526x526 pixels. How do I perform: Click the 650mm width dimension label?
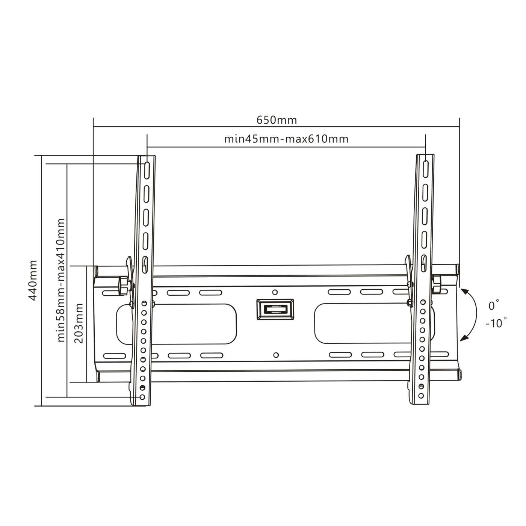[276, 120]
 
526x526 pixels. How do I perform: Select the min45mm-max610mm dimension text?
[286, 139]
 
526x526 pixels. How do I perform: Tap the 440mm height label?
[33, 281]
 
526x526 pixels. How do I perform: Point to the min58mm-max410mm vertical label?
[61, 280]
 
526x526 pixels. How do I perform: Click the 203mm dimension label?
[79, 323]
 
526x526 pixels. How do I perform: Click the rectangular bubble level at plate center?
[275, 309]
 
